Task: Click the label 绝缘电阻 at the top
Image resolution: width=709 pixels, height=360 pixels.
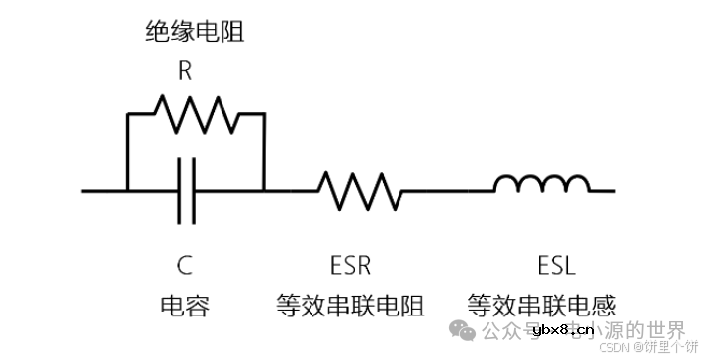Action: pos(195,33)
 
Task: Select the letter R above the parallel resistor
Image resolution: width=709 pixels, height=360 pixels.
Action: pos(185,71)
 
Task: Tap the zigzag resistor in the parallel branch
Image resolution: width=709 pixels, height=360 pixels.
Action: pos(197,115)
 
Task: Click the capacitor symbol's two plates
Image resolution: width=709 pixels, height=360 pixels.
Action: pos(187,189)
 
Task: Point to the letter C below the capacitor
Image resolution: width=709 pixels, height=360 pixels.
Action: pos(184,265)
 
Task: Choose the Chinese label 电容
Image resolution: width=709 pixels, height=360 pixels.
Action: pos(184,305)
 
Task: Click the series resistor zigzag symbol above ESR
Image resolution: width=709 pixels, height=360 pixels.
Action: pos(358,189)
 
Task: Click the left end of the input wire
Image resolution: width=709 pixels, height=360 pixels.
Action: pos(85,190)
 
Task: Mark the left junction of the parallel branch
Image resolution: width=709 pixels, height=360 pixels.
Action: pos(128,190)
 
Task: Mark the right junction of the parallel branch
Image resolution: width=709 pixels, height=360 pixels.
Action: pos(265,190)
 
